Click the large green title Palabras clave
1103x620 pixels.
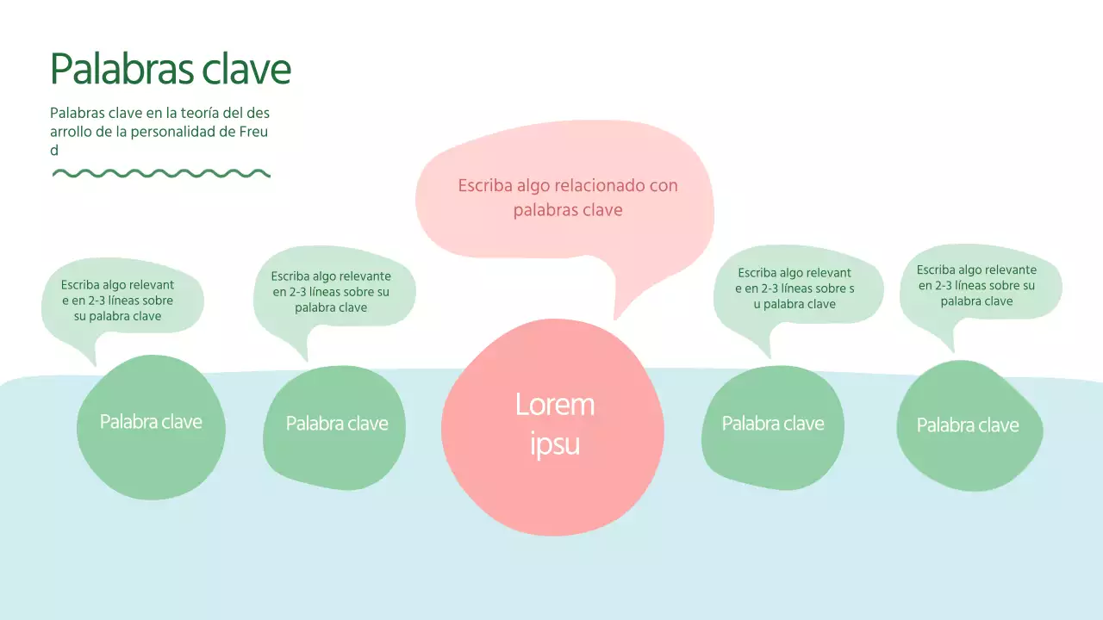171,69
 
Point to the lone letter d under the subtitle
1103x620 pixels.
54,150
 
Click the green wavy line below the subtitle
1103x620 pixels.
161,173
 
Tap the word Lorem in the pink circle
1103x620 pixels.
555,404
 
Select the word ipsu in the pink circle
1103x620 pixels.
555,444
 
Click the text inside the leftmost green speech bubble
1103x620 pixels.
118,301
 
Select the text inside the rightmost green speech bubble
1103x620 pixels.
976,285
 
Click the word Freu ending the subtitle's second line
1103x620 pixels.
255,132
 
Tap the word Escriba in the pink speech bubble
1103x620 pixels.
484,185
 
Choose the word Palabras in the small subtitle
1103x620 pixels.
76,113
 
